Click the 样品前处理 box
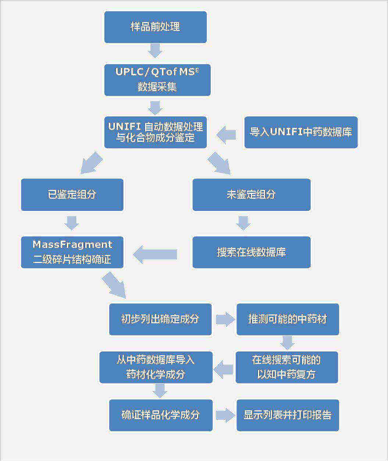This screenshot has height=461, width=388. (155, 27)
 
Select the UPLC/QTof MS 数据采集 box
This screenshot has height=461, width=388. (157, 80)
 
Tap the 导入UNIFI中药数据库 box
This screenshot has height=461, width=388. (301, 132)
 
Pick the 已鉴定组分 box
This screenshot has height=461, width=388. (72, 195)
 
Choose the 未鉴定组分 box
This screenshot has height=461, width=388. (252, 195)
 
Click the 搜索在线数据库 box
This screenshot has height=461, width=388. (252, 252)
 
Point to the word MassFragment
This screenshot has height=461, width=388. (72, 245)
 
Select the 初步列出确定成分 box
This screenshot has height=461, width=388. (160, 319)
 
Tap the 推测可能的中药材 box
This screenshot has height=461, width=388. (288, 319)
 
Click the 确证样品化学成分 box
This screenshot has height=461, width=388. (161, 415)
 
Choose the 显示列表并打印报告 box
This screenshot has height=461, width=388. (288, 415)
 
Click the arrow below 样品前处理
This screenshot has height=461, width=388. (155, 50)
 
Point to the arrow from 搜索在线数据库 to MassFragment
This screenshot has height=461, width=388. (155, 255)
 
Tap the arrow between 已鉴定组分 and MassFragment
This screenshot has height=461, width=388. (72, 223)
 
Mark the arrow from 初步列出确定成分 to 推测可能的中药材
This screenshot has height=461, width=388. (225, 319)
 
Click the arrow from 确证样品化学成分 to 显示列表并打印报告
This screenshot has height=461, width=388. (225, 415)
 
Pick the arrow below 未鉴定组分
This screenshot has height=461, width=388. (243, 223)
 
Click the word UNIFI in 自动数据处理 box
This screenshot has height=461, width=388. (125, 127)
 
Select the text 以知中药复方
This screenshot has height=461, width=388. (286, 375)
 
